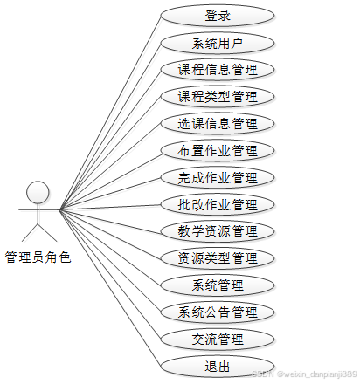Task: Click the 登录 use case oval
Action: (218, 16)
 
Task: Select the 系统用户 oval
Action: (218, 43)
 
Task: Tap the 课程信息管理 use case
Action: (218, 70)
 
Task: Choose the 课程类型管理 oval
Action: (218, 97)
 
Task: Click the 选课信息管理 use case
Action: (218, 124)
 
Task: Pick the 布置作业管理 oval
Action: (218, 151)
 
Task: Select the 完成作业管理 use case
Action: (218, 178)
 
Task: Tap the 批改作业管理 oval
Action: (218, 204)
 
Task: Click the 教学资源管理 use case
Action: (218, 231)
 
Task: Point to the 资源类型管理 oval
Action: (218, 258)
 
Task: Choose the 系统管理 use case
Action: (218, 285)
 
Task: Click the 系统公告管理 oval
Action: (218, 312)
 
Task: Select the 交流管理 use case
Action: (218, 339)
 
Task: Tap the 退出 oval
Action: (218, 367)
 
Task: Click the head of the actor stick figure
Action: (38, 192)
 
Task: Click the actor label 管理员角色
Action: (38, 257)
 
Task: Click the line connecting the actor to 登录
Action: (110, 113)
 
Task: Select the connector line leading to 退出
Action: (110, 288)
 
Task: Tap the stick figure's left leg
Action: (30, 233)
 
